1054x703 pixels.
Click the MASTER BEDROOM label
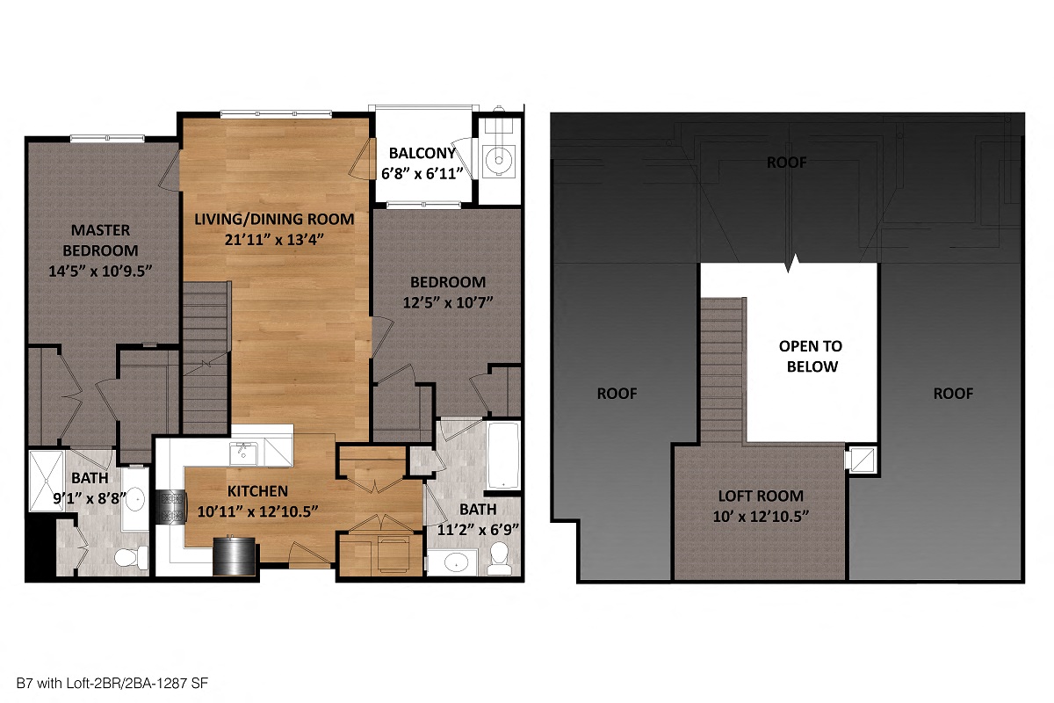coord(101,240)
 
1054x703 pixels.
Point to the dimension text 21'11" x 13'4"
coord(274,238)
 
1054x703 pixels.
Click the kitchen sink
coord(243,453)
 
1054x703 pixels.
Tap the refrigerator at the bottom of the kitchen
coord(234,557)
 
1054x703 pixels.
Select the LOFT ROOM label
coord(760,496)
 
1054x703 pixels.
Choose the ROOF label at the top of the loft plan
coord(786,162)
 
